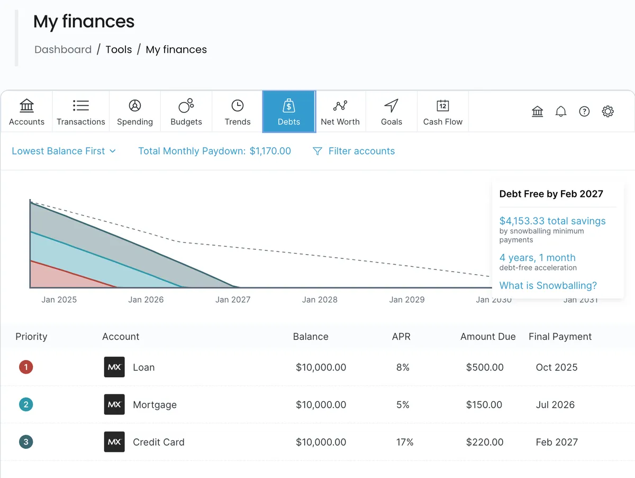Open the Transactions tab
(x=81, y=112)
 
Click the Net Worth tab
(x=340, y=112)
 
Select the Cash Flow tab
(x=443, y=112)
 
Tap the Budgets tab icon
(x=186, y=106)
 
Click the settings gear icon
(x=607, y=112)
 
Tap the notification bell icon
(x=561, y=112)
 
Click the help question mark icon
(x=584, y=112)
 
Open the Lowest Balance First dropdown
(x=63, y=151)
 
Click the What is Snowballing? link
(x=548, y=285)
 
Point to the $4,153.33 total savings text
(x=552, y=221)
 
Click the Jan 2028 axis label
(x=320, y=300)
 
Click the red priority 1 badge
(x=25, y=367)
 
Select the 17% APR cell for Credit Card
(x=405, y=442)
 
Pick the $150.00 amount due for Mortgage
(x=484, y=404)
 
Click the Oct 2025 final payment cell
(x=556, y=367)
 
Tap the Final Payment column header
(x=560, y=337)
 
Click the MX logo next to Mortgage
(x=114, y=404)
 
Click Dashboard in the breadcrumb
(x=63, y=50)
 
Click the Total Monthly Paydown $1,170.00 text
(x=214, y=151)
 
